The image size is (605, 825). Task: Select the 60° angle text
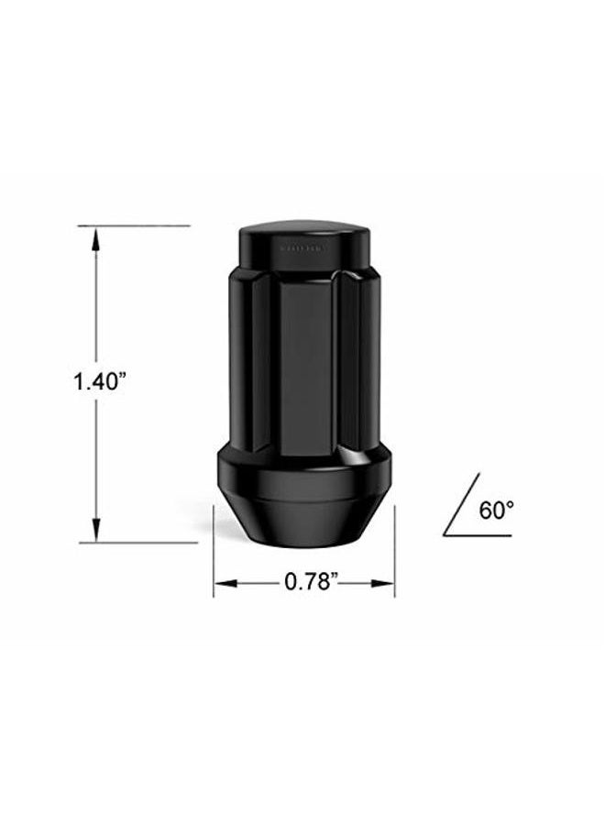(495, 511)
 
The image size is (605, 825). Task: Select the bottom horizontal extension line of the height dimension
(137, 543)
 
